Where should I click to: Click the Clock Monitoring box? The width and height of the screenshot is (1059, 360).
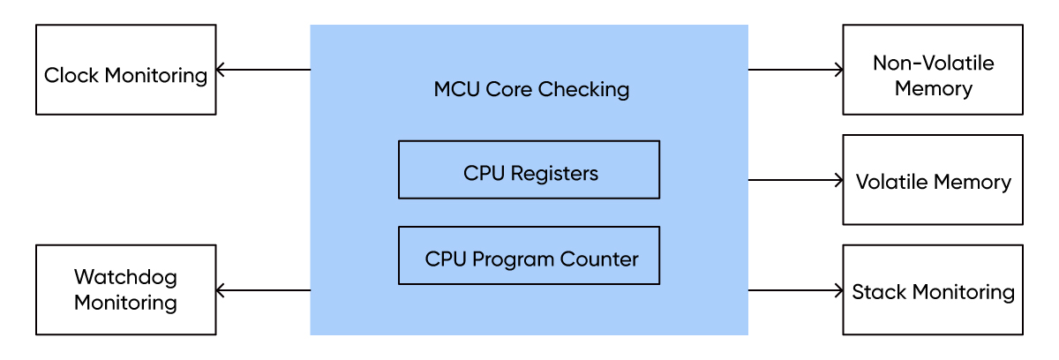125,70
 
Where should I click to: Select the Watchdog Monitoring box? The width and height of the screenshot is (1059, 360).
125,289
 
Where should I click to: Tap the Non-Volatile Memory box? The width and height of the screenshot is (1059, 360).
933,70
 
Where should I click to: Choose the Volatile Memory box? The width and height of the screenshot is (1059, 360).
933,179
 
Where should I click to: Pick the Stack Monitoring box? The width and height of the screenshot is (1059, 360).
933,289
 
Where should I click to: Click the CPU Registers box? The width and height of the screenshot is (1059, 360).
529,169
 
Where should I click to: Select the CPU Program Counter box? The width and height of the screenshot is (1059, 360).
529,256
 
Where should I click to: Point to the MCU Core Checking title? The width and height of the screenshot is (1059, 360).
531,89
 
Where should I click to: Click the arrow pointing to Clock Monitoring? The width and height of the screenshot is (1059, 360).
263,70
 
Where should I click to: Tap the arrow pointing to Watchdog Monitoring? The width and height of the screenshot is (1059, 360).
263,290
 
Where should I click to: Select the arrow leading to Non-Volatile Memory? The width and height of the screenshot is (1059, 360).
795,70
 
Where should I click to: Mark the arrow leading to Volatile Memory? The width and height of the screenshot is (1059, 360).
795,180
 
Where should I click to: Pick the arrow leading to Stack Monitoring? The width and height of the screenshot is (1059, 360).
795,290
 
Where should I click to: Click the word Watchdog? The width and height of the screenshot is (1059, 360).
125,278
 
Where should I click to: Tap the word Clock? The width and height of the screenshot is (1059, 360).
71,75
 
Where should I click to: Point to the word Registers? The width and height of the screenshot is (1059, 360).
554,174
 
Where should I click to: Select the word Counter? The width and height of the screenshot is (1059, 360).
599,259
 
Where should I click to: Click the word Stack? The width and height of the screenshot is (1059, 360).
879,292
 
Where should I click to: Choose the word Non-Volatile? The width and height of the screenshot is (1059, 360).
934,63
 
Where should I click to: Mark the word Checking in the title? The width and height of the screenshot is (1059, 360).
583,89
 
